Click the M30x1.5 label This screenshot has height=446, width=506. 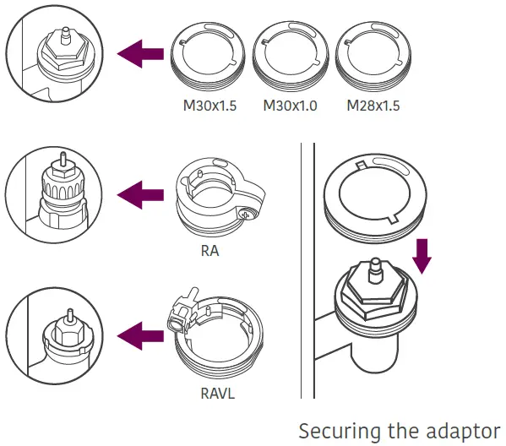209,107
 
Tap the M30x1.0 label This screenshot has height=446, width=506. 290,107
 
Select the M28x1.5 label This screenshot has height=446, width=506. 373,107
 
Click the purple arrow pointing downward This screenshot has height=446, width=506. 422,256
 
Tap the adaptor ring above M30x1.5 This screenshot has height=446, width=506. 209,57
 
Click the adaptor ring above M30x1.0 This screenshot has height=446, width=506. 290,57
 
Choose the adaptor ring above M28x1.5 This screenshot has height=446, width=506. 373,57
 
